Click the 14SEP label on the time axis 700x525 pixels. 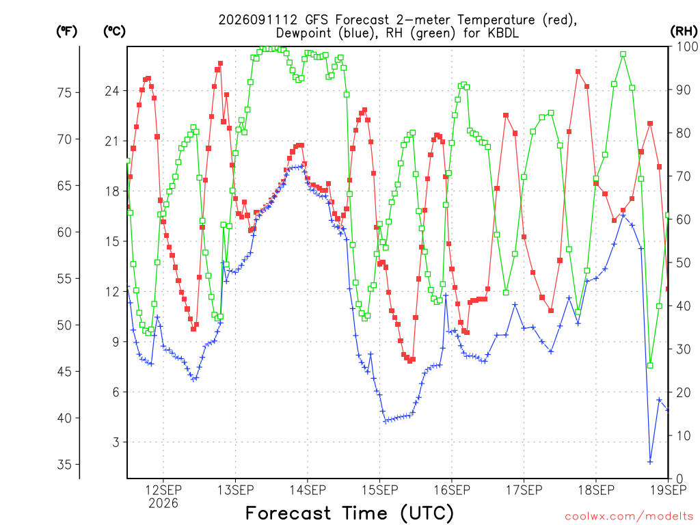click(308, 490)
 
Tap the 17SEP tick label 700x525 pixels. click(524, 490)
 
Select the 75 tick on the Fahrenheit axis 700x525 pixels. click(64, 92)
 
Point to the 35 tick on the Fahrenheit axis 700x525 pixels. click(64, 464)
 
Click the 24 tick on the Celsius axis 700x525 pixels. click(113, 91)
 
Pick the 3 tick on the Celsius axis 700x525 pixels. click(116, 442)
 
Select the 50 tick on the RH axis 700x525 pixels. click(684, 262)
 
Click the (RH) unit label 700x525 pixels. click(684, 31)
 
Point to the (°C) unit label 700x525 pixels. click(114, 31)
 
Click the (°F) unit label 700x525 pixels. click(66, 31)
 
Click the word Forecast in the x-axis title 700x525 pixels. click(288, 513)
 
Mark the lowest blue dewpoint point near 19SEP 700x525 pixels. click(650, 462)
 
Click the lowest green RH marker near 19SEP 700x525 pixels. click(650, 366)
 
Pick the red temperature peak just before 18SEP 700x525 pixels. click(578, 71)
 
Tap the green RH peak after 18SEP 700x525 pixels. click(623, 54)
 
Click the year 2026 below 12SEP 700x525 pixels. click(163, 504)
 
